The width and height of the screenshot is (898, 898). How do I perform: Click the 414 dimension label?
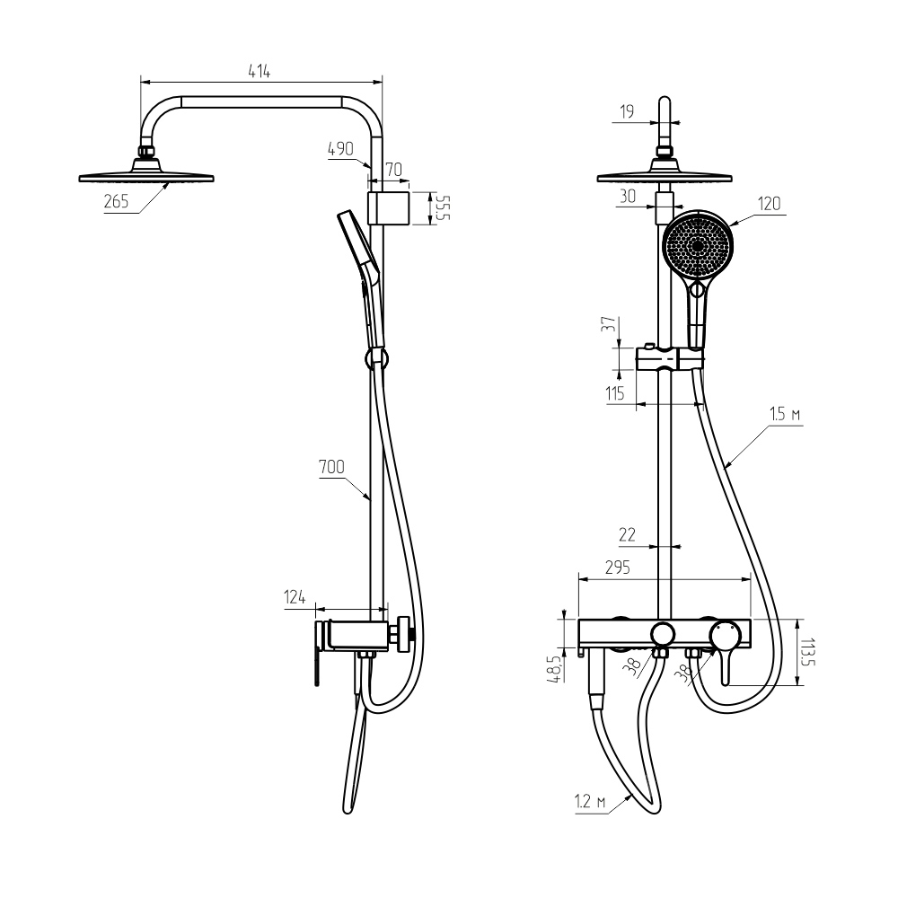[x=260, y=71]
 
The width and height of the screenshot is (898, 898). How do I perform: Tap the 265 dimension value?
[x=116, y=201]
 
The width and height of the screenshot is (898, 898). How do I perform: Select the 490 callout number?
[x=340, y=149]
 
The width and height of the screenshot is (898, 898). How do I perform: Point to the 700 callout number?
[x=331, y=467]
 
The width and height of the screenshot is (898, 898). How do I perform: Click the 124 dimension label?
[x=295, y=597]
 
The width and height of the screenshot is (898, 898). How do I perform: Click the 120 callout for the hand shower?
[x=770, y=203]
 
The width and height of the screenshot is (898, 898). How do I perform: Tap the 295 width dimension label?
[x=618, y=568]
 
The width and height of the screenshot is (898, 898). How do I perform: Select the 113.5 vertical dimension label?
[x=809, y=652]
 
